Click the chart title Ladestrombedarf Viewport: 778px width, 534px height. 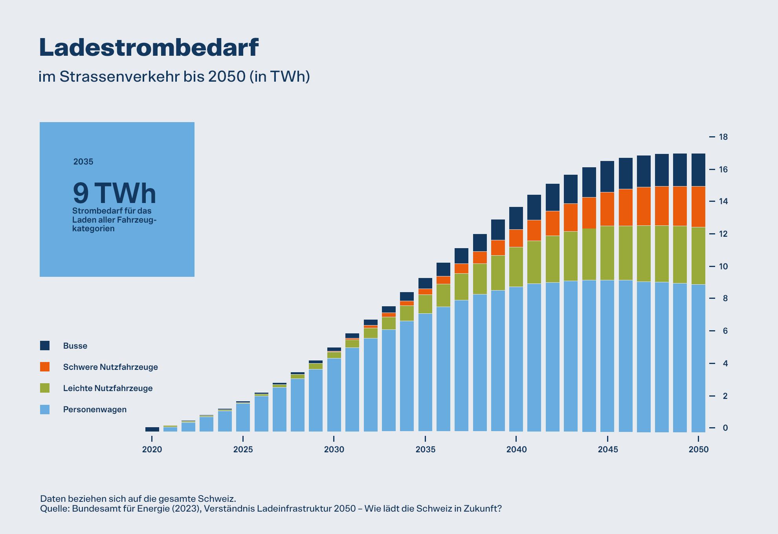(x=149, y=48)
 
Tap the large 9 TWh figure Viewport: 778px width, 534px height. (x=114, y=193)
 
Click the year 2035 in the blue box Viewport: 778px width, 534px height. (x=83, y=162)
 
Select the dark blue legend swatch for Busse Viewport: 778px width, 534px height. (x=45, y=346)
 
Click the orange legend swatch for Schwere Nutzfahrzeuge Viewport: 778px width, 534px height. (x=45, y=367)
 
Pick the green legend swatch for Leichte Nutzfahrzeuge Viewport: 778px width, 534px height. (x=45, y=388)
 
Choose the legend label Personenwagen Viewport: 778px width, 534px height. (x=95, y=410)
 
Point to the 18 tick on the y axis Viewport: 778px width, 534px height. (x=723, y=137)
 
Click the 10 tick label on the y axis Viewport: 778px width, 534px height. (x=723, y=266)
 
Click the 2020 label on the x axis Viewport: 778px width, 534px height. (x=152, y=450)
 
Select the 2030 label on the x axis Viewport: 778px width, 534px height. (x=334, y=450)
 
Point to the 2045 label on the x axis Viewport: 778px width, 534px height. (x=607, y=450)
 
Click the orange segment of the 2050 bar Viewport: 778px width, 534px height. (x=698, y=207)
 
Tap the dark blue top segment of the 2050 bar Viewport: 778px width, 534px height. (x=698, y=170)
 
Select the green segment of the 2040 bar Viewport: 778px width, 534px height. (x=516, y=267)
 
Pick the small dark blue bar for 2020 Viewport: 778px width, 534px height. (x=152, y=430)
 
